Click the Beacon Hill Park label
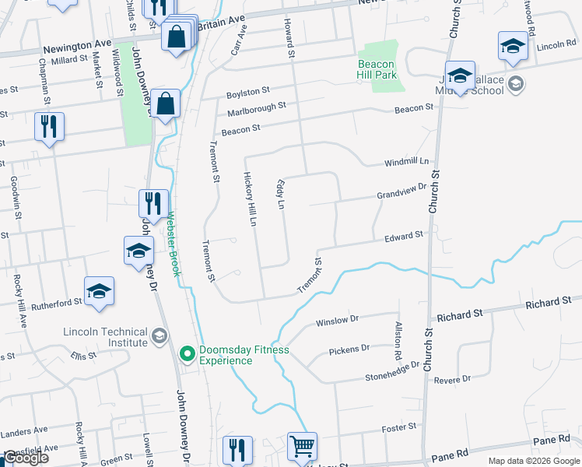click(x=377, y=68)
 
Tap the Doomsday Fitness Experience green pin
click(x=187, y=355)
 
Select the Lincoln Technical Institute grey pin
click(x=160, y=336)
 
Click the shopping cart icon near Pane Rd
click(x=302, y=447)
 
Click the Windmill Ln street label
click(x=406, y=162)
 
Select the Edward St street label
click(x=404, y=235)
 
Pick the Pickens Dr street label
click(x=349, y=349)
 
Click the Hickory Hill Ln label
click(x=250, y=199)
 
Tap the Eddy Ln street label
click(x=280, y=194)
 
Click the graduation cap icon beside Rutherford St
click(x=100, y=291)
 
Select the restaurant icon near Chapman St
click(x=50, y=127)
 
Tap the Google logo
click(x=26, y=458)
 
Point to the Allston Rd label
click(x=398, y=340)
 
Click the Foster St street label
click(x=399, y=427)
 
